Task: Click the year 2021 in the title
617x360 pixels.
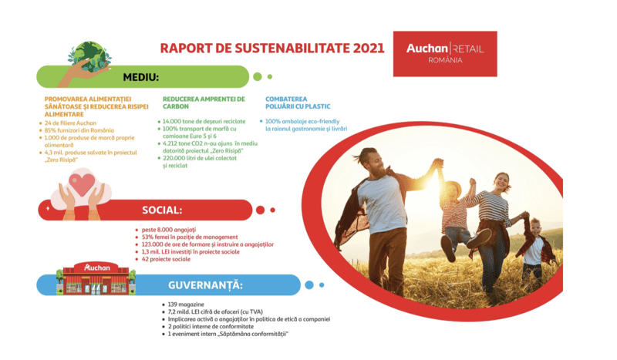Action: click(x=368, y=48)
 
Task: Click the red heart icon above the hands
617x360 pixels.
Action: click(x=80, y=184)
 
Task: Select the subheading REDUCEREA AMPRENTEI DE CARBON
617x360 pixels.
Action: click(x=204, y=103)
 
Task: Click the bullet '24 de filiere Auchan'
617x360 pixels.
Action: click(x=71, y=123)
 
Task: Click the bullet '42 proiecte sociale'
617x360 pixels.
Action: click(x=165, y=259)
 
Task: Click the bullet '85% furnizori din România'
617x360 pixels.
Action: click(x=79, y=130)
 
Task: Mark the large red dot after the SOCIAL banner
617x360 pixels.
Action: click(x=260, y=210)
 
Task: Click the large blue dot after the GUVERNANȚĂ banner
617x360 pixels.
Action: click(x=309, y=285)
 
